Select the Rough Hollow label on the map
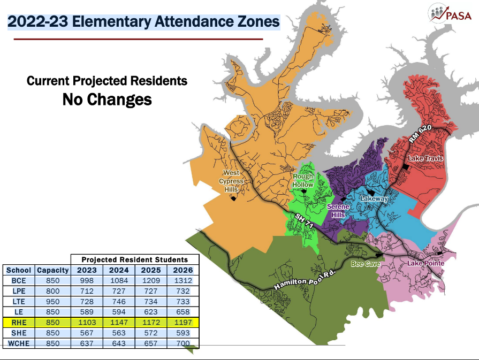point(303,181)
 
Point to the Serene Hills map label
point(338,211)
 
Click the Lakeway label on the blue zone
point(375,198)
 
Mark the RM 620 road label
point(420,133)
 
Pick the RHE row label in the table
point(19,323)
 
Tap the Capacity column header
point(53,270)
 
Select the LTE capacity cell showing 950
point(53,302)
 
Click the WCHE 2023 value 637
point(87,343)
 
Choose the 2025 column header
point(150,270)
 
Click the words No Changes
point(107,99)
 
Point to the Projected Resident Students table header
point(135,259)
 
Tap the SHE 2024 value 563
point(119,333)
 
